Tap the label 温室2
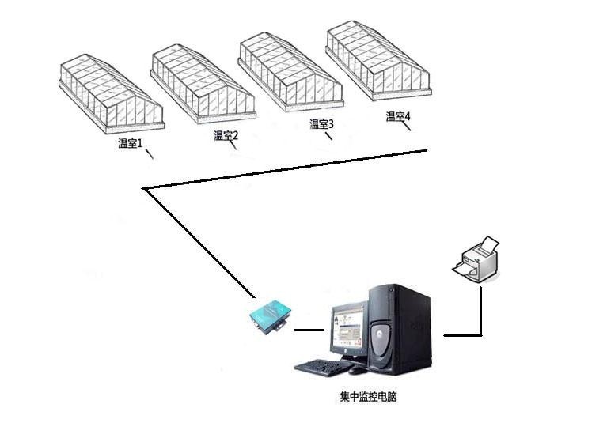[x=226, y=135]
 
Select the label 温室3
[x=321, y=124]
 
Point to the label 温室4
[x=398, y=117]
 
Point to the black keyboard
[x=320, y=366]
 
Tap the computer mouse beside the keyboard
[x=359, y=369]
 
